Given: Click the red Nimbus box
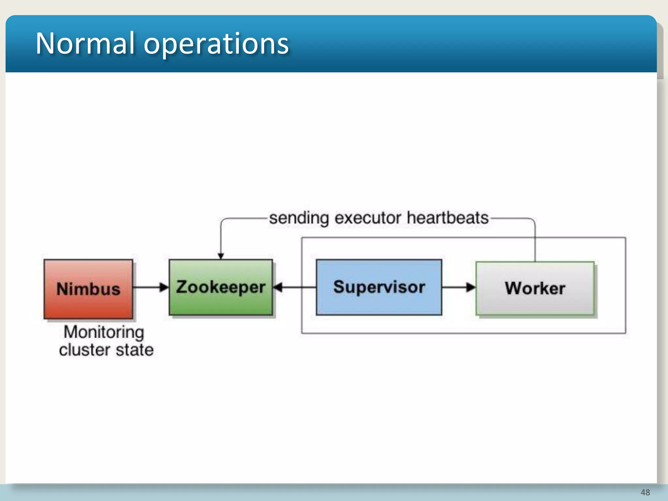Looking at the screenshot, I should click(x=88, y=303).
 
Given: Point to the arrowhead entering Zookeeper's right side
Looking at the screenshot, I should click(x=278, y=287).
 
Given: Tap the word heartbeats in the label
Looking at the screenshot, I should click(x=448, y=218).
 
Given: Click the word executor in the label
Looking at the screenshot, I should click(x=368, y=218).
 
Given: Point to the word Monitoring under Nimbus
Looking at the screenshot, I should click(x=104, y=332).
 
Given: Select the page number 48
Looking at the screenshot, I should click(x=645, y=492).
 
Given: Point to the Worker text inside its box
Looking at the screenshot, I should click(x=535, y=288).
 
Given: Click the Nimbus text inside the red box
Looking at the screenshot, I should click(x=88, y=289).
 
